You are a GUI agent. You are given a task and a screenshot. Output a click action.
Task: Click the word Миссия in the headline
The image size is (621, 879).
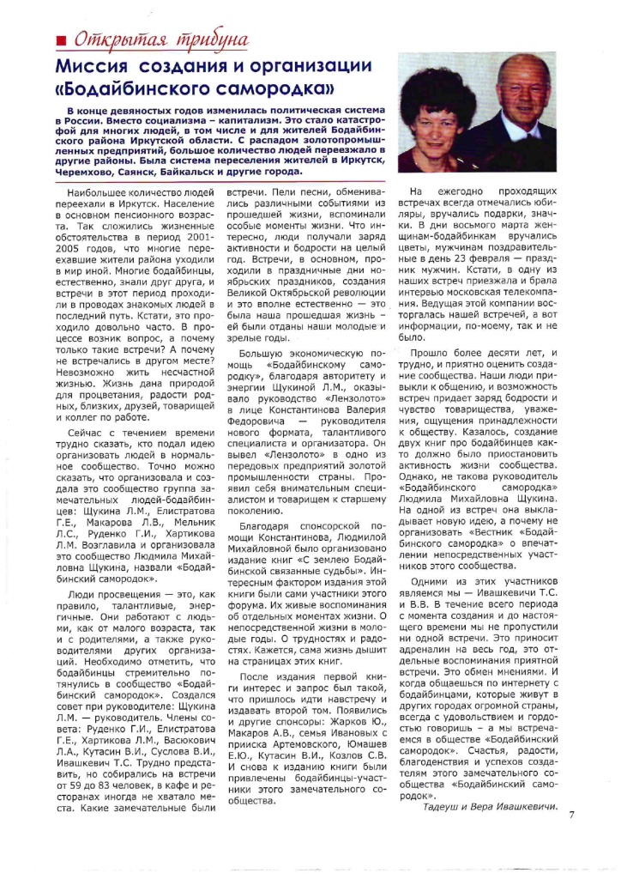(x=89, y=67)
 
